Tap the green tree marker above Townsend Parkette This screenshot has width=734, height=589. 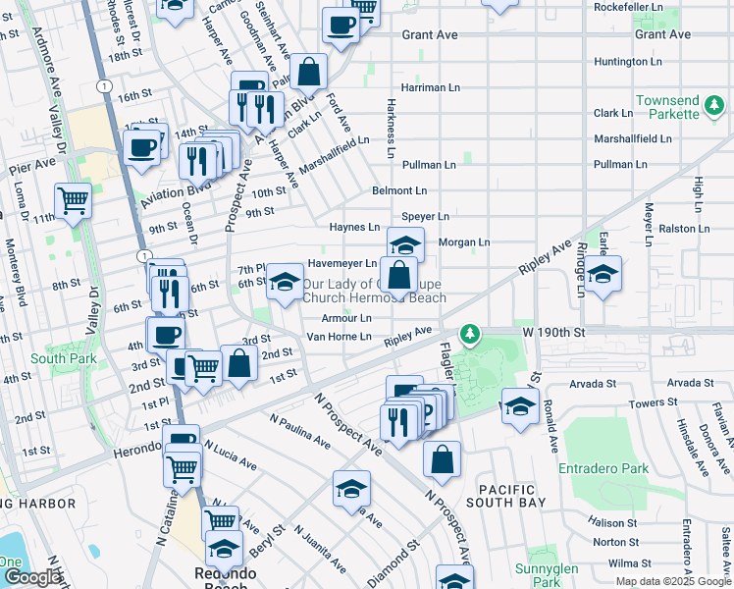click(715, 103)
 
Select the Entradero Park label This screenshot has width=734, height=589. click(603, 468)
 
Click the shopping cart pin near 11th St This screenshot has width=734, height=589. click(74, 200)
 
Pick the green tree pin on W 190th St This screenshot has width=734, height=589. click(471, 335)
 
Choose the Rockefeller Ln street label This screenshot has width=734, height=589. click(628, 7)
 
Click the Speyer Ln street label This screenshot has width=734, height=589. click(425, 216)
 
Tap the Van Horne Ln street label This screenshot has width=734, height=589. click(340, 337)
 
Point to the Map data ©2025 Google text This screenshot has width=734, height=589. click(672, 581)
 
